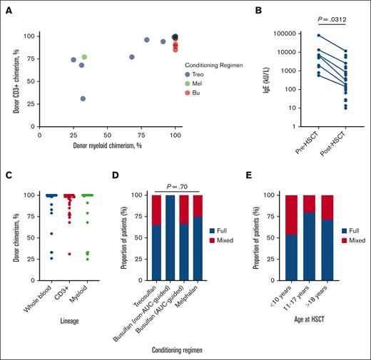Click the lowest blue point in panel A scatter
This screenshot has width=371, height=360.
83,98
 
